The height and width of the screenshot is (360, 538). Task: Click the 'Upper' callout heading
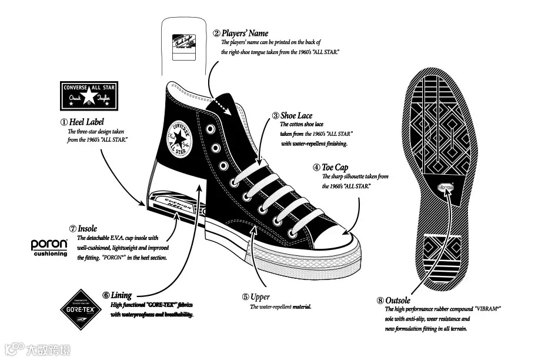[x=260, y=298]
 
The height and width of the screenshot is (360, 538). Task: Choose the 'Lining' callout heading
[x=121, y=295]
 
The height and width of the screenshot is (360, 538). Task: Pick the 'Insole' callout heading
[x=87, y=228]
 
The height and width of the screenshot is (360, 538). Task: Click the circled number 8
[x=380, y=301]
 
